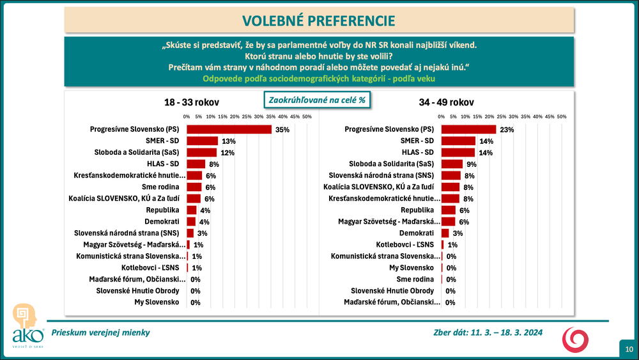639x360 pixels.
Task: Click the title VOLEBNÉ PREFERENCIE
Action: point(318,20)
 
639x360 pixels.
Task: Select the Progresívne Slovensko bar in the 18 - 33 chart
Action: point(229,129)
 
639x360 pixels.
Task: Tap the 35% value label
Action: point(282,129)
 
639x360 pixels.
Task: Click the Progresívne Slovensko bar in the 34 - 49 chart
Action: point(468,129)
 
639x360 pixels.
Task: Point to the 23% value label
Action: point(507,129)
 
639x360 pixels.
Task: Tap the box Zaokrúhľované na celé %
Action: point(318,100)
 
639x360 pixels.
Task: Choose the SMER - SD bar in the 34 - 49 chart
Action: point(458,141)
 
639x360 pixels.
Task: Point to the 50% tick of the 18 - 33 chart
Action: point(307,116)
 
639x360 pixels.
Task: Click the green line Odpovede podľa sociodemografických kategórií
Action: point(319,79)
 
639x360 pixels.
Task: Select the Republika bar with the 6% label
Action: point(448,210)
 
